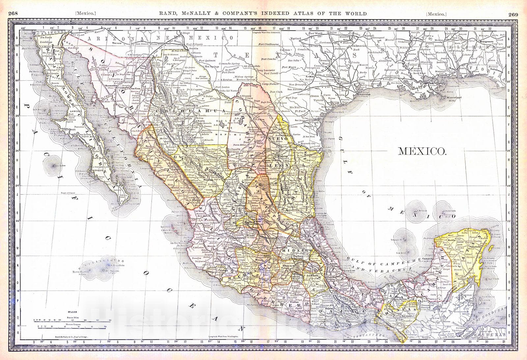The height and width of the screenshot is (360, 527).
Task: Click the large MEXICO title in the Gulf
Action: (x=422, y=151)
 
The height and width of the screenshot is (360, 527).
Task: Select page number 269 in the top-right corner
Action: (x=513, y=14)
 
